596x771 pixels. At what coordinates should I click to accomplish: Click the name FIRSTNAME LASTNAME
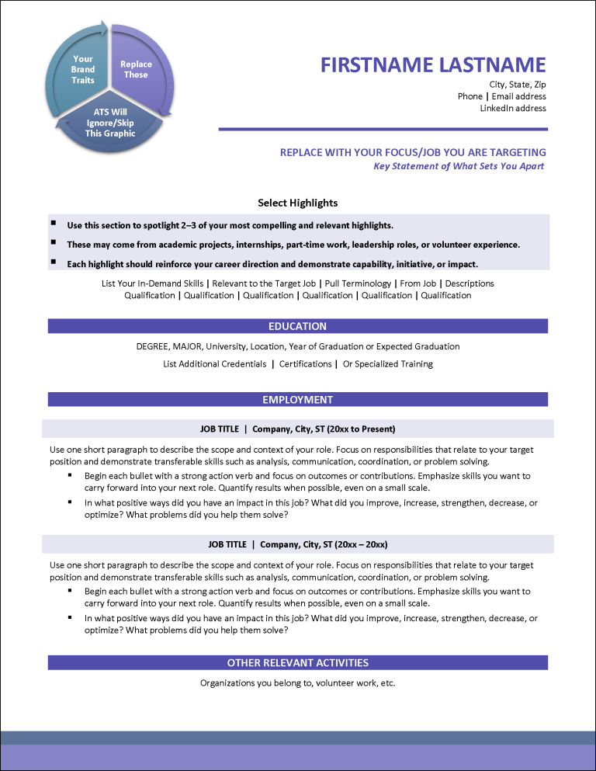tap(433, 64)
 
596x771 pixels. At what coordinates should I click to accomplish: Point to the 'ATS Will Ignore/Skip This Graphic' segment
tap(110, 123)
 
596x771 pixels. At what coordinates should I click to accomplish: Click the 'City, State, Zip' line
tap(518, 84)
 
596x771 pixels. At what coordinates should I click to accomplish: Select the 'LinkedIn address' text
tap(513, 109)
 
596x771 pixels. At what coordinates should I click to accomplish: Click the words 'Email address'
tap(518, 96)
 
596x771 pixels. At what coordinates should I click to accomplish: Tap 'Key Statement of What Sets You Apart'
tap(459, 166)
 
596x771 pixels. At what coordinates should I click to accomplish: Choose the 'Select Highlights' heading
tap(297, 203)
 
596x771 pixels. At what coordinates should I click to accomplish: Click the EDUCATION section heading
tap(297, 326)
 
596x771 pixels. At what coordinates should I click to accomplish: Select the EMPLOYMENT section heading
tap(297, 400)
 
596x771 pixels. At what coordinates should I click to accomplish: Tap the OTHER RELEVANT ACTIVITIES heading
tap(297, 663)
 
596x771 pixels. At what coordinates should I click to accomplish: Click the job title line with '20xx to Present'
tap(297, 429)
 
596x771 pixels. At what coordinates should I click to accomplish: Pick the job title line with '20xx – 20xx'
tap(297, 544)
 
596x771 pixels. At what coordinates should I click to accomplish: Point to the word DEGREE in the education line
tap(153, 347)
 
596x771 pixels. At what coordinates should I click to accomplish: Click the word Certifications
tap(306, 364)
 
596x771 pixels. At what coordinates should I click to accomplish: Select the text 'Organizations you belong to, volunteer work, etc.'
tap(297, 683)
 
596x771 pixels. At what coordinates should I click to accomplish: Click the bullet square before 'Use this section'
tap(53, 224)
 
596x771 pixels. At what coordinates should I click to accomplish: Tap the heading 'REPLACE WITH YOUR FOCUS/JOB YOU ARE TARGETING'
tap(413, 152)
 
